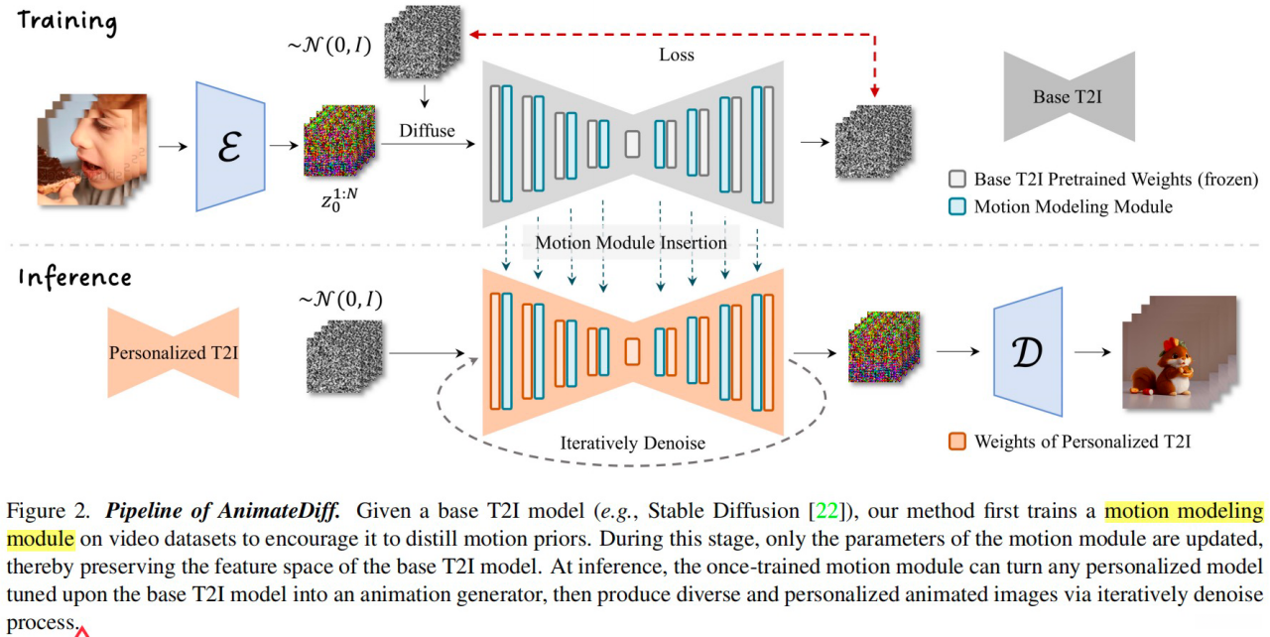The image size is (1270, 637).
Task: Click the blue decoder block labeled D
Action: click(x=1028, y=352)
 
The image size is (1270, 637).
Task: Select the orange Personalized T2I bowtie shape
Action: click(x=173, y=352)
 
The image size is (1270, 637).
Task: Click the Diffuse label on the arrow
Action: click(x=427, y=130)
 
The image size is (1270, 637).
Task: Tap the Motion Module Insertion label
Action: click(x=631, y=242)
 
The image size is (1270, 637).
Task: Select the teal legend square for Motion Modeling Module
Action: click(x=957, y=206)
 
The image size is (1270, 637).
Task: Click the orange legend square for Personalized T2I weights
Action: click(x=957, y=441)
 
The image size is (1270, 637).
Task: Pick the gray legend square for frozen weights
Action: click(x=957, y=180)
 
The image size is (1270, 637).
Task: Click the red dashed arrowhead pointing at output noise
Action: click(x=874, y=94)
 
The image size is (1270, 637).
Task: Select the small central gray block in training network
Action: click(x=632, y=145)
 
